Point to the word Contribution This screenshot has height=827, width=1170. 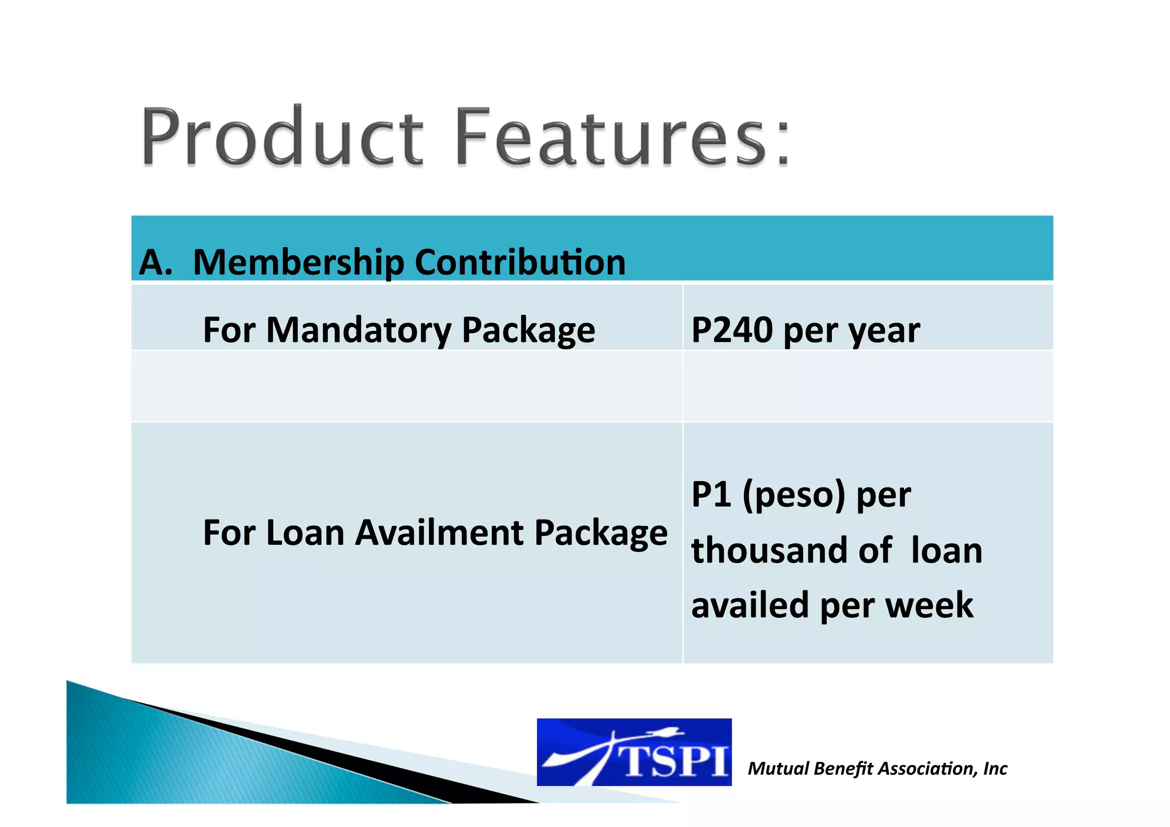tap(520, 262)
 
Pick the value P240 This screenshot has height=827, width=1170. tap(732, 330)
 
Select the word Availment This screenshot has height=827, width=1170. tap(440, 533)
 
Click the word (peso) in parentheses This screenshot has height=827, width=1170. tap(794, 495)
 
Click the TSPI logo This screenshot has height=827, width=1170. tap(634, 752)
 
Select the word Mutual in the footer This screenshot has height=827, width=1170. tap(778, 769)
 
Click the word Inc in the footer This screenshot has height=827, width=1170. tap(995, 769)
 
